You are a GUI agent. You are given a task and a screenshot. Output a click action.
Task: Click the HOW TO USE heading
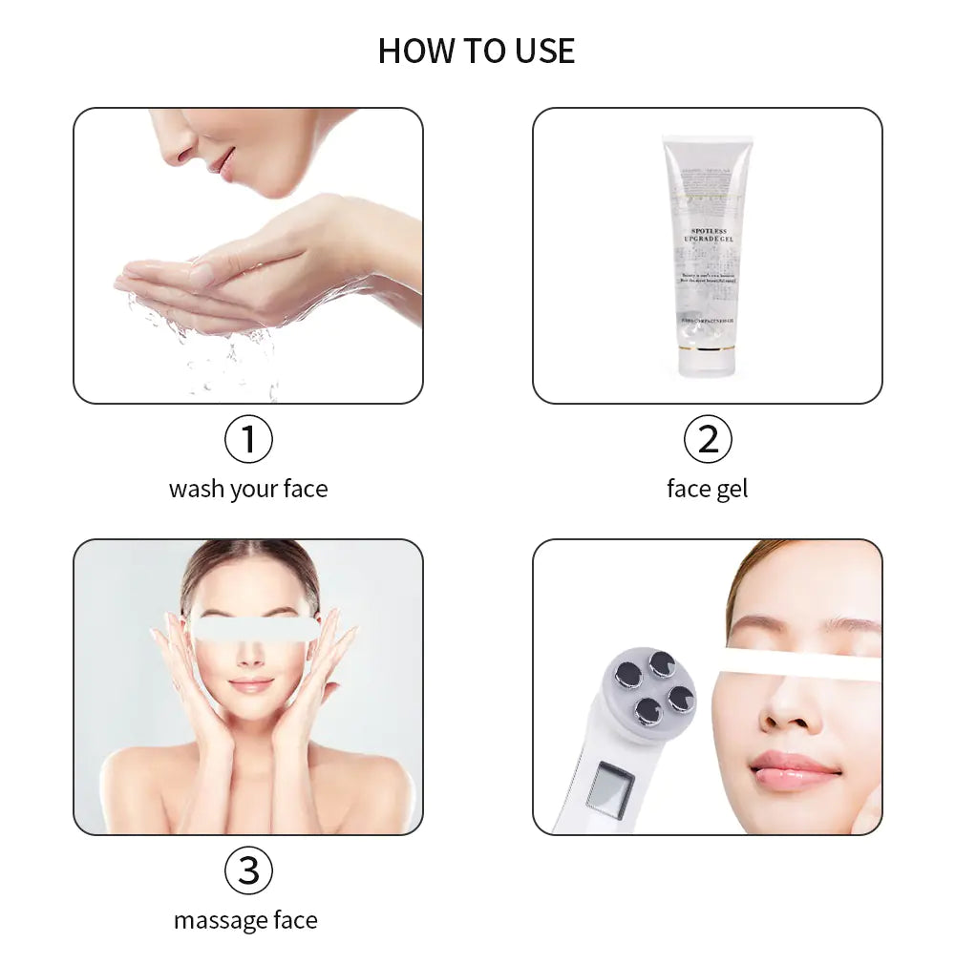[x=477, y=51]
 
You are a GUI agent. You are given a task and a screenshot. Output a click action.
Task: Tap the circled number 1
[x=248, y=440]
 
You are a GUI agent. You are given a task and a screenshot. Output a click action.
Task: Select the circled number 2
[x=708, y=440]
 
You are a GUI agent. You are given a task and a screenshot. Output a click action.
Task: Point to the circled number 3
[x=248, y=870]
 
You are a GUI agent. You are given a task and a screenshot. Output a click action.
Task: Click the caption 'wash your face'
[x=248, y=490]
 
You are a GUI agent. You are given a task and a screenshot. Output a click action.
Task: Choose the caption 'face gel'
[x=707, y=490]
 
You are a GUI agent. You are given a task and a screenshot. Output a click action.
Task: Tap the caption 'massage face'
[x=245, y=921]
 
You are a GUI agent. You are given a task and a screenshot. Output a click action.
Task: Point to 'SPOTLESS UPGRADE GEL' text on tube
[x=708, y=236]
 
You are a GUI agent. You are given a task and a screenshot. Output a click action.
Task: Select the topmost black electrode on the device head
[x=662, y=662]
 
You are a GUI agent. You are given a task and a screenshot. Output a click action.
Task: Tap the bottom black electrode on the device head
[x=647, y=711]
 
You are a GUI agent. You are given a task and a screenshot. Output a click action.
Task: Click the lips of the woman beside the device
[x=793, y=768]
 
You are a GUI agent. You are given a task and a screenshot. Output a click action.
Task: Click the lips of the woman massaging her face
[x=250, y=685]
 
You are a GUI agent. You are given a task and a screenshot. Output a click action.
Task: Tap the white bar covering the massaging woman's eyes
[x=254, y=628]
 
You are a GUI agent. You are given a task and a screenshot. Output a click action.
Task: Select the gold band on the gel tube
[x=707, y=347]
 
